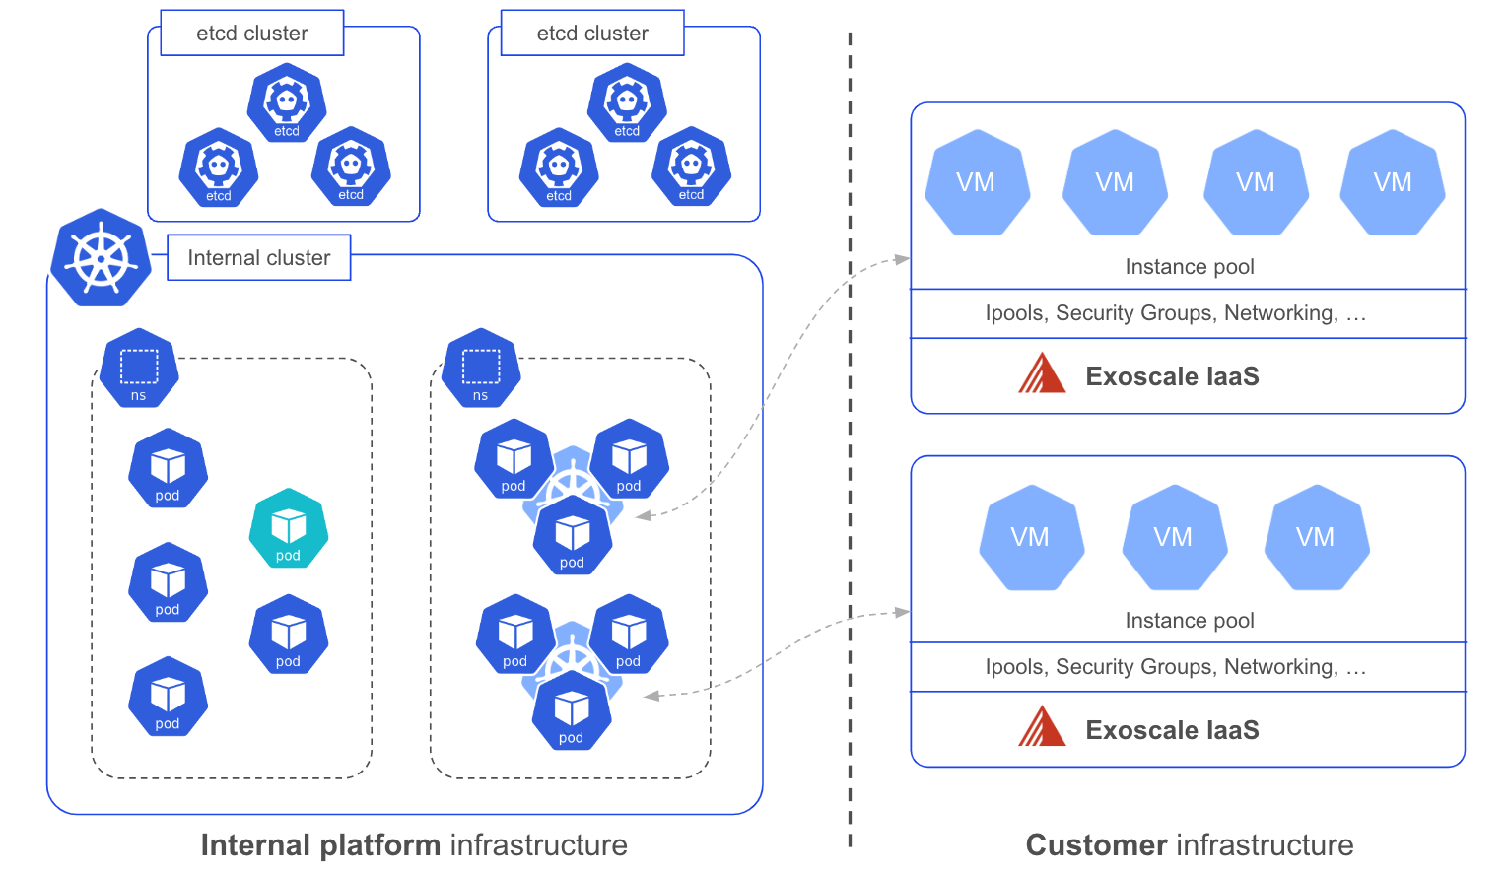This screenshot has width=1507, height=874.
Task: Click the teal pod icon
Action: point(288,529)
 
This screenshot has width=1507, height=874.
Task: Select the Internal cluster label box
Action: point(258,257)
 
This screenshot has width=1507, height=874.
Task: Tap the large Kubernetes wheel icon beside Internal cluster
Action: point(101,257)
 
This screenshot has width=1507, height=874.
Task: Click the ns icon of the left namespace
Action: point(139,369)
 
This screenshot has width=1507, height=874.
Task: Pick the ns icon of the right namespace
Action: point(480,369)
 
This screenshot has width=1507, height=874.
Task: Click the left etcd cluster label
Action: point(251,33)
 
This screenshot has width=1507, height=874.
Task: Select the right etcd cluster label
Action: point(592,33)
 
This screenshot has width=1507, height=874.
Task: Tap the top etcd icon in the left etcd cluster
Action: point(287,102)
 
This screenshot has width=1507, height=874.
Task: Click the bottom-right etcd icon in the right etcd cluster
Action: point(691,167)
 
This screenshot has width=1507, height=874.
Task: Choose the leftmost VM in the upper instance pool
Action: point(977,182)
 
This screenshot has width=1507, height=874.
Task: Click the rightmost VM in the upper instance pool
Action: point(1392,182)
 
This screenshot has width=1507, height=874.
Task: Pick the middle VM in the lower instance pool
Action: point(1173,537)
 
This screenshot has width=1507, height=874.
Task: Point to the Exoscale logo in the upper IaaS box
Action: point(1042,373)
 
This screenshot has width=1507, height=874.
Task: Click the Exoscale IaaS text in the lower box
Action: point(1172,730)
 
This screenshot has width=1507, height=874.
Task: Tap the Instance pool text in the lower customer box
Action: point(1189,621)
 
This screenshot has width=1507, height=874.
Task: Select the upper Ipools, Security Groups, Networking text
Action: point(1175,313)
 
